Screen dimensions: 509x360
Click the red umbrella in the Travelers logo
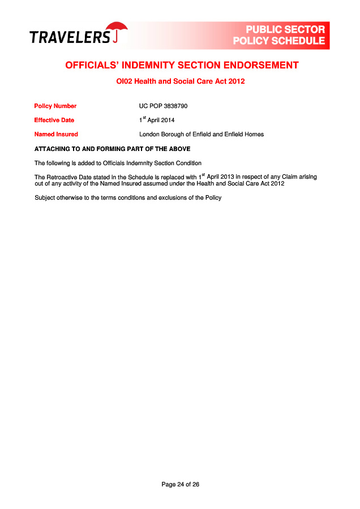pos(118,29)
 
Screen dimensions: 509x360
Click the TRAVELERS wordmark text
pos(70,37)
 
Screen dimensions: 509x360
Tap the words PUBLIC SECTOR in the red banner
pos(285,29)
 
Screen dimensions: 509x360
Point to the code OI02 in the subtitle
pos(123,81)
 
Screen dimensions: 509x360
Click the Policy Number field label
pos(55,106)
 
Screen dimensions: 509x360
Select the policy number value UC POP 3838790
pos(163,106)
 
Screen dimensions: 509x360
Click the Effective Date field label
pos(54,120)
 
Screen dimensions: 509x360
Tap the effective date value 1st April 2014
pos(157,120)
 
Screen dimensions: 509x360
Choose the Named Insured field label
pos(56,134)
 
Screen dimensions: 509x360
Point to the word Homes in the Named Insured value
pos(254,134)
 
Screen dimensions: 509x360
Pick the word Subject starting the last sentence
pos(45,197)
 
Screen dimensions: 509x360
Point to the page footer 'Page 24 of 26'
pos(180,484)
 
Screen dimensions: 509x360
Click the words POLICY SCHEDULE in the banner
pos(279,41)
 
